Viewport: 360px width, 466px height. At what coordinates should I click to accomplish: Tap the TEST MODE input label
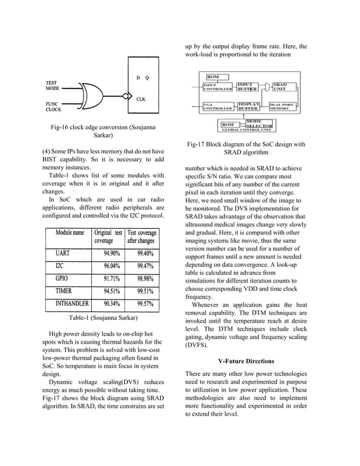click(53, 85)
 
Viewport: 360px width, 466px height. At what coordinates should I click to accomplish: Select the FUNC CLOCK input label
click(54, 107)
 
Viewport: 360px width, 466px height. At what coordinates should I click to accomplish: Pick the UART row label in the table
click(64, 253)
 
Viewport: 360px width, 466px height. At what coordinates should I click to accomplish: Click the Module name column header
click(70, 232)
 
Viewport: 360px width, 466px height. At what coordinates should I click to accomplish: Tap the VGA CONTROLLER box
click(217, 106)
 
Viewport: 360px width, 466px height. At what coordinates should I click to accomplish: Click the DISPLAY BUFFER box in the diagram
click(248, 106)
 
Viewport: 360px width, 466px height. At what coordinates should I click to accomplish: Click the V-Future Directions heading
click(246, 361)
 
